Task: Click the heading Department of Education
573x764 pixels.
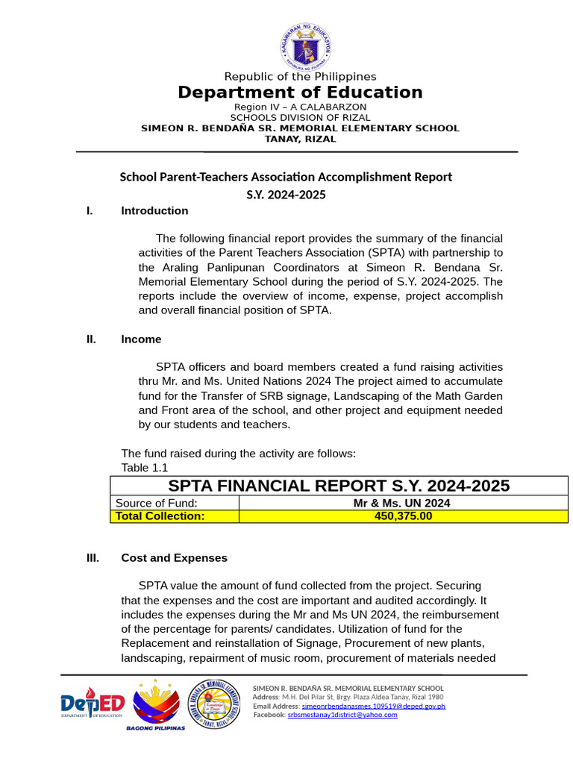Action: click(300, 93)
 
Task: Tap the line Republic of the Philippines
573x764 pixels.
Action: click(300, 76)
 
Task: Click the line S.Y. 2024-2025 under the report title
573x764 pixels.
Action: click(286, 195)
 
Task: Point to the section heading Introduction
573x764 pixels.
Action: click(154, 210)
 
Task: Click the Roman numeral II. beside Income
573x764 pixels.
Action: click(92, 339)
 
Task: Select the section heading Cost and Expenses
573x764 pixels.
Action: click(174, 558)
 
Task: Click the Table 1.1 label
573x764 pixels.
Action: click(144, 468)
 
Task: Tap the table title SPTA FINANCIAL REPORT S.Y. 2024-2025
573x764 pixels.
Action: click(339, 486)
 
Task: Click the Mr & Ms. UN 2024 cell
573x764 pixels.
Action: click(402, 504)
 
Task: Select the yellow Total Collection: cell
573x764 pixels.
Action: click(160, 516)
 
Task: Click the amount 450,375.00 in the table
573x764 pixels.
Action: click(403, 516)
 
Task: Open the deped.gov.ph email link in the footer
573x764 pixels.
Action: click(373, 706)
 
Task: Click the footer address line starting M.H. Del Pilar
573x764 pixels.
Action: click(358, 697)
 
